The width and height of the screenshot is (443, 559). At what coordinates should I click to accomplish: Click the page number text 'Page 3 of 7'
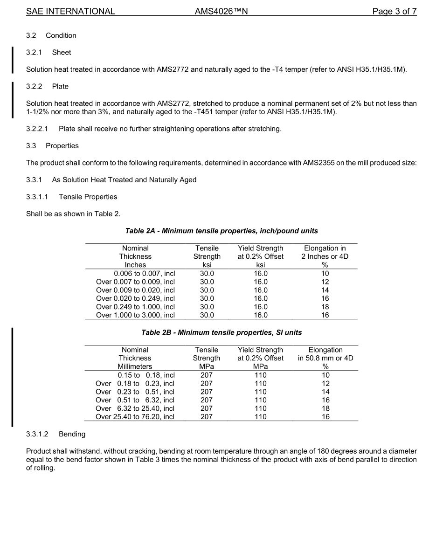pos(394,12)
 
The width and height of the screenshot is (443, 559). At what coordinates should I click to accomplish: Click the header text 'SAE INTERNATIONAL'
pos(70,12)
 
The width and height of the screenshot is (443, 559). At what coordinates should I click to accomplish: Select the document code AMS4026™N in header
pos(221,12)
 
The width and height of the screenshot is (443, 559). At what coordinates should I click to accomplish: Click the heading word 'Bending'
pos(72,434)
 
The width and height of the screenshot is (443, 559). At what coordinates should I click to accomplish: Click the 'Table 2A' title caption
pos(221,231)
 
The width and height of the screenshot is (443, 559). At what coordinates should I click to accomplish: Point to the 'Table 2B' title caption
pos(221,332)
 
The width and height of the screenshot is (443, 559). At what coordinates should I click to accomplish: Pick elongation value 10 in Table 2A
pos(325,274)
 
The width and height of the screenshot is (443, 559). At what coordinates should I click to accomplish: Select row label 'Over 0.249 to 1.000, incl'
pos(135,307)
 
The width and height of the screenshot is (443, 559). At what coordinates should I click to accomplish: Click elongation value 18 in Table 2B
pos(325,408)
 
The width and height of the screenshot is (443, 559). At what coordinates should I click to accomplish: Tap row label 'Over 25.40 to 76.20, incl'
pos(135,417)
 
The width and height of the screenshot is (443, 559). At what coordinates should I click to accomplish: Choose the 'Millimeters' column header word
pos(135,366)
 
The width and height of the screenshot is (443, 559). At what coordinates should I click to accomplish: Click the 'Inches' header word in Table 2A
pos(135,265)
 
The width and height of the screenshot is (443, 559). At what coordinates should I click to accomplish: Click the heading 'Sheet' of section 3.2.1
pos(62,52)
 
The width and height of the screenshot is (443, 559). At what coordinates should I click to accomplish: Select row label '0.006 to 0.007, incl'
pos(144,274)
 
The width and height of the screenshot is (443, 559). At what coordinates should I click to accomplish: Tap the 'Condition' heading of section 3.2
pos(61,35)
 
